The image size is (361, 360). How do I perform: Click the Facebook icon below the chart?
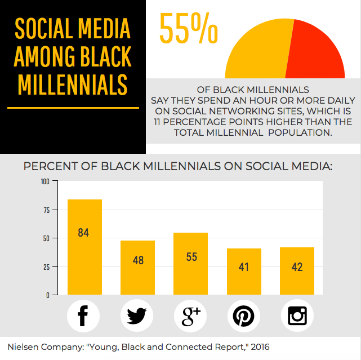[x=83, y=316]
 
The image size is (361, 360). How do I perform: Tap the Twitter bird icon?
[x=137, y=316]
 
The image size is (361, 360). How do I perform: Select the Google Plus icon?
[x=190, y=316]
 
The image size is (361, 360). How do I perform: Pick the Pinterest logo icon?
[x=244, y=316]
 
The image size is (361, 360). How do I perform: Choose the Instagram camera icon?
[x=297, y=316]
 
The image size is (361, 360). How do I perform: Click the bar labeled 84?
[x=84, y=247]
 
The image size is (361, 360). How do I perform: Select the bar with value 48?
[x=137, y=268]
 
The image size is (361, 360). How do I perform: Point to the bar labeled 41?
[x=244, y=272]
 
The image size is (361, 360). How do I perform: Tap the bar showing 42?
[x=297, y=271]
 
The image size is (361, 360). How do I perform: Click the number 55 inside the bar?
[x=191, y=257]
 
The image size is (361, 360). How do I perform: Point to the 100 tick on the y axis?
[x=45, y=181]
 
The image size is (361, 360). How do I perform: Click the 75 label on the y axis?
[x=47, y=210]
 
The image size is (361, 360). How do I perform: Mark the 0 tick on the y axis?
[x=48, y=295]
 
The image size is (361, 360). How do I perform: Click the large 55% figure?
[x=189, y=28]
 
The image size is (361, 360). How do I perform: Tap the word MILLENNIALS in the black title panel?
[x=73, y=85]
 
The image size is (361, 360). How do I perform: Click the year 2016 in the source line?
[x=260, y=347]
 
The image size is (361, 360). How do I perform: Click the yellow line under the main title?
[x=73, y=108]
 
